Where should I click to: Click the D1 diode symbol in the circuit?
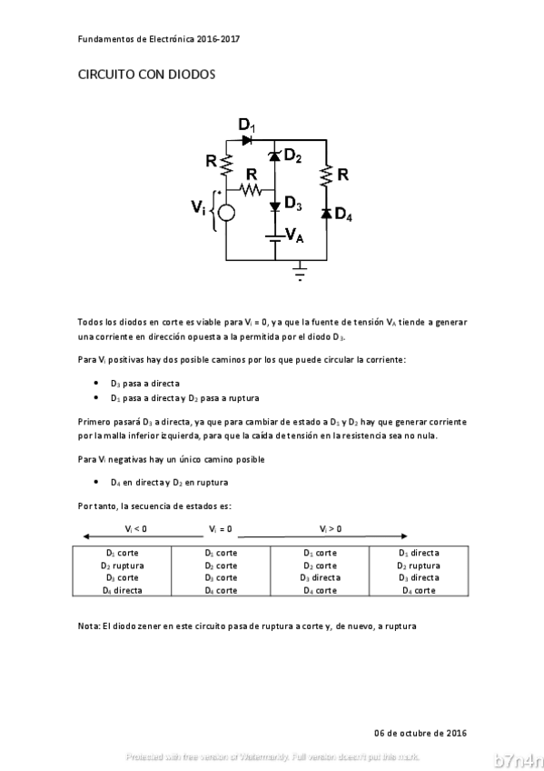tap(247, 139)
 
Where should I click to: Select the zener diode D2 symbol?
tap(274, 159)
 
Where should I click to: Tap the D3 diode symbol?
tap(274, 206)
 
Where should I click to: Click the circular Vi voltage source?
tap(226, 213)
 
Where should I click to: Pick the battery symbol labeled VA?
tap(274, 239)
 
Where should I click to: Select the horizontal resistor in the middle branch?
tap(251, 190)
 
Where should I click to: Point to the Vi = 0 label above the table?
tap(220, 528)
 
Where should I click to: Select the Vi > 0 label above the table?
tap(331, 528)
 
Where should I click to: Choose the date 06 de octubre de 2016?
tap(420, 733)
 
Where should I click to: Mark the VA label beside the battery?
tap(294, 235)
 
